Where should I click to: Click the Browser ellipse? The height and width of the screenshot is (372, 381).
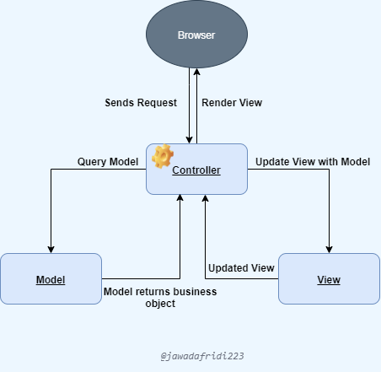(196, 36)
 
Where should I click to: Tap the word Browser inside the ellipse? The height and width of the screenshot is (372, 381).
(196, 36)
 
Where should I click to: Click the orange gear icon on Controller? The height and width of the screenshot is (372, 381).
(162, 156)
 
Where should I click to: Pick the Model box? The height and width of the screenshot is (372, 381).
(51, 278)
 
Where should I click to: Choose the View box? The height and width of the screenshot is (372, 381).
(329, 278)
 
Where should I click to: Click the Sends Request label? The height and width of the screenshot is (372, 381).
(141, 103)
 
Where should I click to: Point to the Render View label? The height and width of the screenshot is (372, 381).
(232, 103)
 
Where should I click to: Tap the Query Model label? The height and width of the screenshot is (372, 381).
(108, 161)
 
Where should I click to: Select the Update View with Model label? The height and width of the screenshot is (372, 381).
(313, 161)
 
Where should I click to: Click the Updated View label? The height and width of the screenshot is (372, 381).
(241, 268)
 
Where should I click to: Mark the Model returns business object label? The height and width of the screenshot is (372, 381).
(159, 297)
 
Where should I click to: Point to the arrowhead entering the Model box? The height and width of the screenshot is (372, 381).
(51, 249)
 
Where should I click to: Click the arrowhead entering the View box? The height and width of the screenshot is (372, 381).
(329, 249)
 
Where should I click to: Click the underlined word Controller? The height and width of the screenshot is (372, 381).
(196, 170)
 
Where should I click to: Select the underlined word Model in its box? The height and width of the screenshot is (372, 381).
(51, 279)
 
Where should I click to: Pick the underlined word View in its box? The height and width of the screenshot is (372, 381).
(329, 279)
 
